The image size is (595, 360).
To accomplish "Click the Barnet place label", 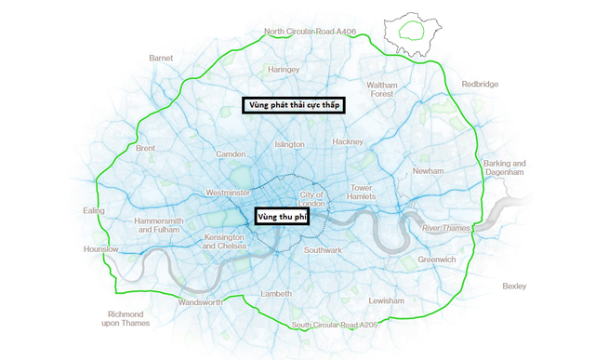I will tap(161, 58).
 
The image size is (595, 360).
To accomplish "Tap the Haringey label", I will tap(284, 69).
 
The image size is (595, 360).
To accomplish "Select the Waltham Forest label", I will tap(382, 89).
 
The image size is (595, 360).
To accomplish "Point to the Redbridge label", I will tap(480, 84).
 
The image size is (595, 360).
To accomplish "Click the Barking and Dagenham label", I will tap(504, 168).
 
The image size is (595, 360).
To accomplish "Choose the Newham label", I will tap(429, 171).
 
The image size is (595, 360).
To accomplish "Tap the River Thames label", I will tap(443, 227).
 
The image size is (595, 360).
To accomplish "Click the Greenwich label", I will tap(437, 260).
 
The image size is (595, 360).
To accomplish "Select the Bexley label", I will tap(514, 287).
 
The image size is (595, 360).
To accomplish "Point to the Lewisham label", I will tap(386, 301).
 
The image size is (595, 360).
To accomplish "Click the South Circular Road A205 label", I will tap(335, 325).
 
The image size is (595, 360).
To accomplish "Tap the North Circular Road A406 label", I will tap(310, 32).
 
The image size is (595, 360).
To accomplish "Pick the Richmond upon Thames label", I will tap(126, 319).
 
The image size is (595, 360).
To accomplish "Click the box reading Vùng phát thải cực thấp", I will tap(294, 105).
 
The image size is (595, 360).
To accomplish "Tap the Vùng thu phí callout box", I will tap(282, 216).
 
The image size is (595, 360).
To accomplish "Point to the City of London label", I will tap(311, 199).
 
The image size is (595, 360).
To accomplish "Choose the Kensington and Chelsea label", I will tap(223, 242).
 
